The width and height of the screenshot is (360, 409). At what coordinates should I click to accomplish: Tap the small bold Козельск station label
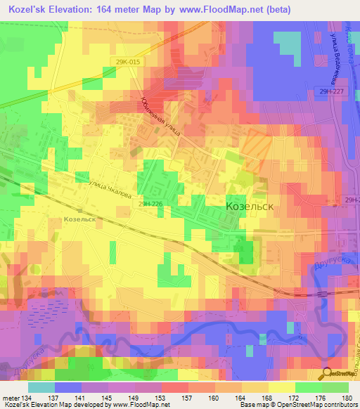tap(79, 219)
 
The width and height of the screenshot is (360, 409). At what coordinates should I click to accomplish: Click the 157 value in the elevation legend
tap(186, 398)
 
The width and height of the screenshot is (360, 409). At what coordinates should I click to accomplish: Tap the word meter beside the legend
tap(10, 398)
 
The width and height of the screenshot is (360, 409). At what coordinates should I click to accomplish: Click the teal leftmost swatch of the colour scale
tap(41, 387)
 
